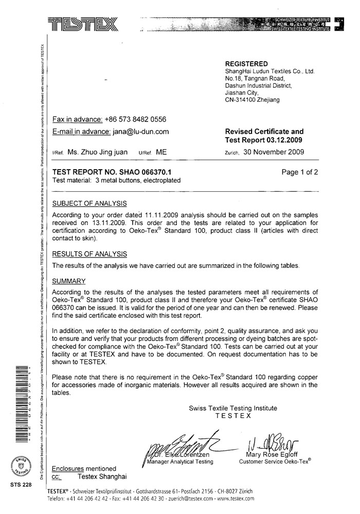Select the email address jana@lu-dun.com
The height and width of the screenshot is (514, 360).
pyautogui.click(x=140, y=132)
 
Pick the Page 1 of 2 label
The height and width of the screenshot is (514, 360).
pyautogui.click(x=300, y=172)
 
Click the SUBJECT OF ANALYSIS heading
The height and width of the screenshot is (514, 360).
pyautogui.click(x=90, y=204)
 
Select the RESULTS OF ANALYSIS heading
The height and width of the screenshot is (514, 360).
pyautogui.click(x=90, y=254)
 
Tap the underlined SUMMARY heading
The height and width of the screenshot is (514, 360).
pyautogui.click(x=69, y=281)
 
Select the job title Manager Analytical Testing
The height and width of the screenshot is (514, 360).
pyautogui.click(x=180, y=462)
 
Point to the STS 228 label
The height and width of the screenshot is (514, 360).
pyautogui.click(x=21, y=485)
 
